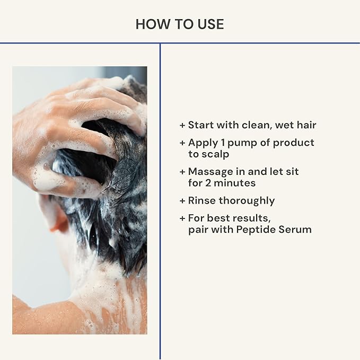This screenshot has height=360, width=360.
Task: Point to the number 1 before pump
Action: pyautogui.click(x=219, y=143)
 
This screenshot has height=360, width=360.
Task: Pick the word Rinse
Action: pyautogui.click(x=201, y=200)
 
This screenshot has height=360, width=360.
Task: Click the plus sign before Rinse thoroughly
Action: pyautogui.click(x=183, y=201)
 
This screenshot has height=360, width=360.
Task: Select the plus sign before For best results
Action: pyautogui.click(x=183, y=218)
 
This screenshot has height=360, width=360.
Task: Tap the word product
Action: pyautogui.click(x=294, y=143)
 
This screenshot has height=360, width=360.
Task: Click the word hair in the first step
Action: pyautogui.click(x=304, y=125)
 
